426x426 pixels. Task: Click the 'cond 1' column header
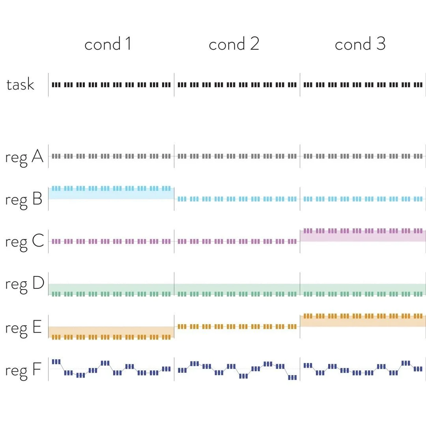coord(108,44)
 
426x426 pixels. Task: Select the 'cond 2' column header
coord(234,44)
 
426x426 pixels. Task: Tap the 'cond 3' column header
coord(360,44)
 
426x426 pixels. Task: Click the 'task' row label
coord(20,84)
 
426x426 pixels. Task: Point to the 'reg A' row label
coord(24,157)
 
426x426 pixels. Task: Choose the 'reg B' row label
coord(24,200)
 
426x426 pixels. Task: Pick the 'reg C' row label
coord(24,241)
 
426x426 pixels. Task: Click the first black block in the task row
coord(56,84)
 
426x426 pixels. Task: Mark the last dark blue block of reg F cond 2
coord(292,377)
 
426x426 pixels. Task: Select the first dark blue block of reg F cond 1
coord(56,362)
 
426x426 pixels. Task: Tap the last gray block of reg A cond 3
coord(418,156)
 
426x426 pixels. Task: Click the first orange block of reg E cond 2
coord(182,327)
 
